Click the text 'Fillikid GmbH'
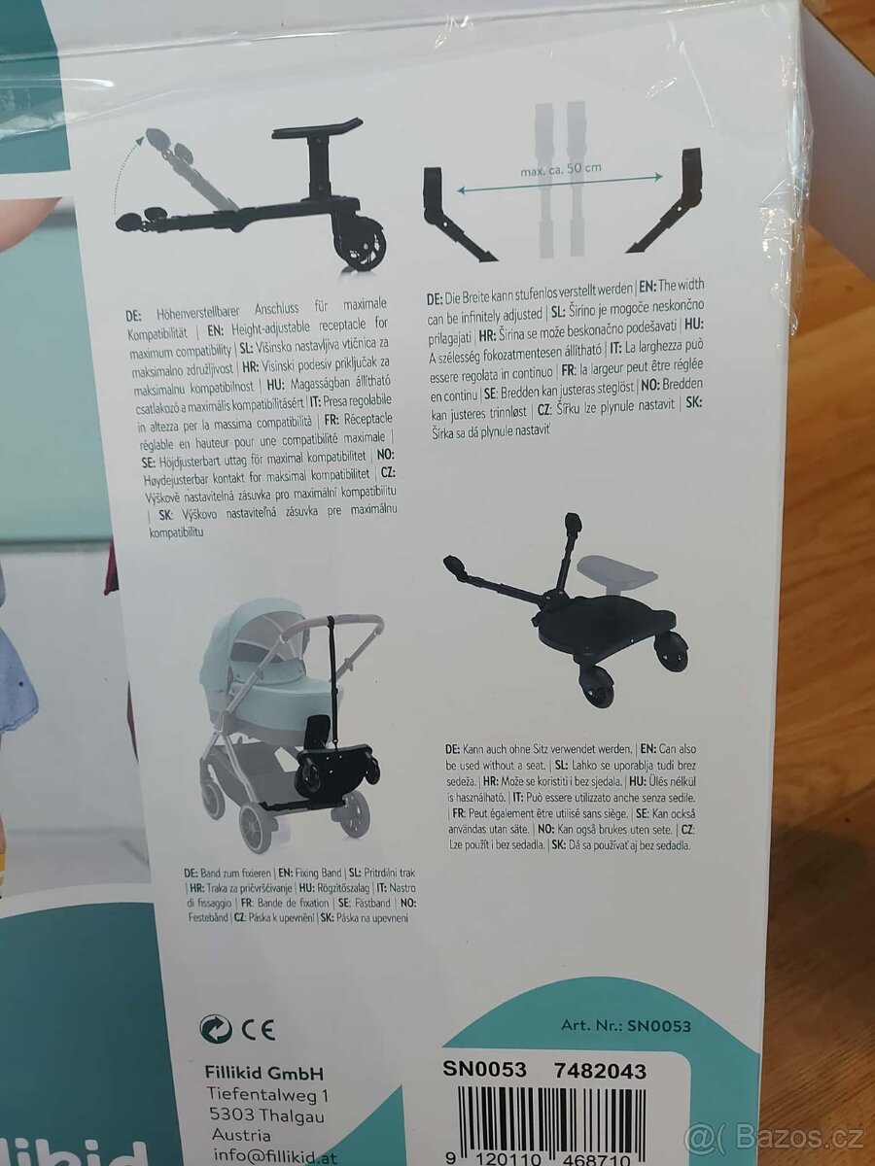(x=264, y=1073)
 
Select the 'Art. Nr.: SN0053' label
(x=625, y=1025)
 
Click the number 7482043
(x=599, y=1071)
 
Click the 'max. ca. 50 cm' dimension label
(x=561, y=168)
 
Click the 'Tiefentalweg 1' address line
(x=268, y=1094)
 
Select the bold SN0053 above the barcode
(x=484, y=1071)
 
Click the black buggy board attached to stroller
(x=335, y=763)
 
